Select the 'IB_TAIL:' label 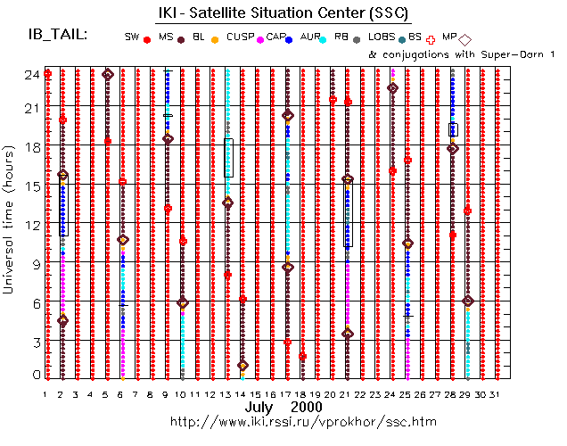point(58,35)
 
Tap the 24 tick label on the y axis point(30,75)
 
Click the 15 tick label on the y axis point(30,186)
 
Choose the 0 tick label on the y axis point(33,375)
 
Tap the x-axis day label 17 point(286,393)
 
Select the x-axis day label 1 point(45,393)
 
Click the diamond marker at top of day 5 point(108,74)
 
